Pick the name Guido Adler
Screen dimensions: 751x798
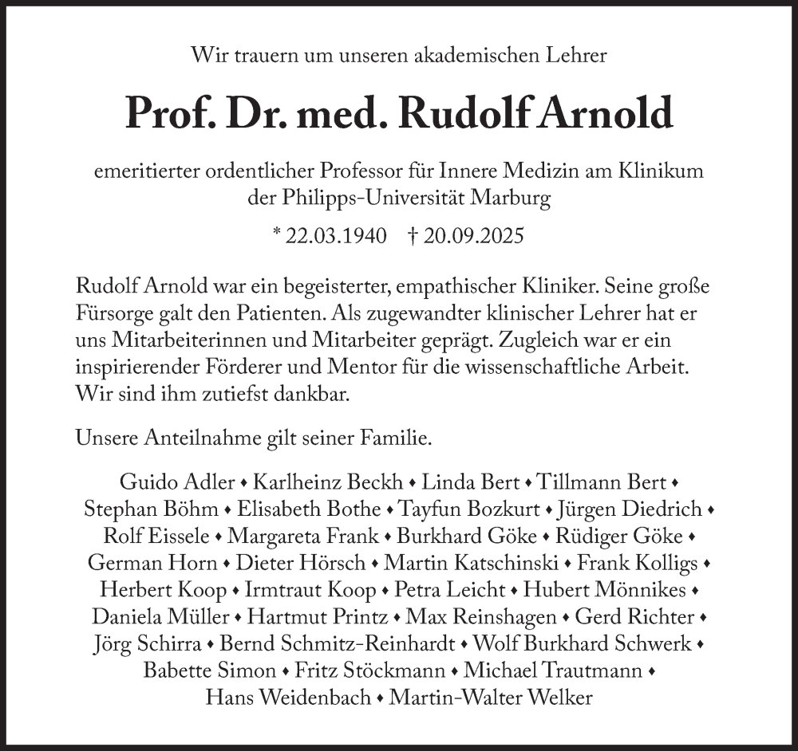click(177, 482)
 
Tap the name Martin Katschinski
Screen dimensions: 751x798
click(472, 563)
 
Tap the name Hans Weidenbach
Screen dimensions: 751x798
click(288, 698)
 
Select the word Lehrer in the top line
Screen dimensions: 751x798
click(575, 56)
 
